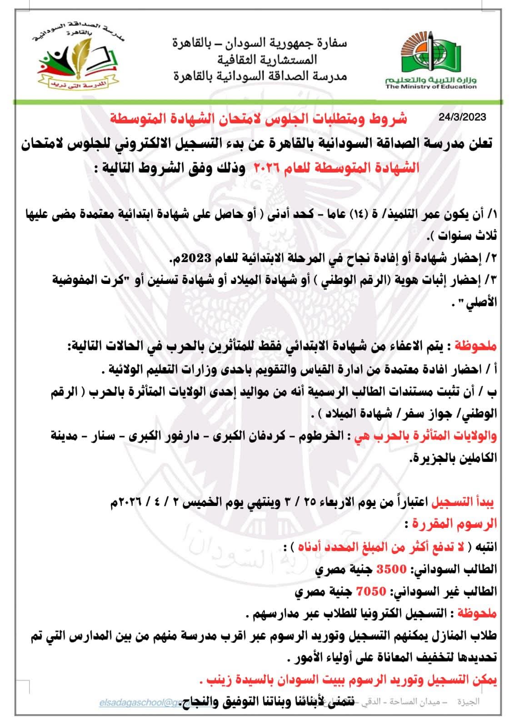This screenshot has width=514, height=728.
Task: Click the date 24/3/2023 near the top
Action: coord(462,117)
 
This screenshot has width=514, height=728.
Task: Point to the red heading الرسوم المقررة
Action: coord(454,524)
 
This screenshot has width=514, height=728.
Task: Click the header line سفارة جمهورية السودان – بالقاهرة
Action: coord(259,43)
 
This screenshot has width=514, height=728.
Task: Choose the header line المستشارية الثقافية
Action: coord(267,60)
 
